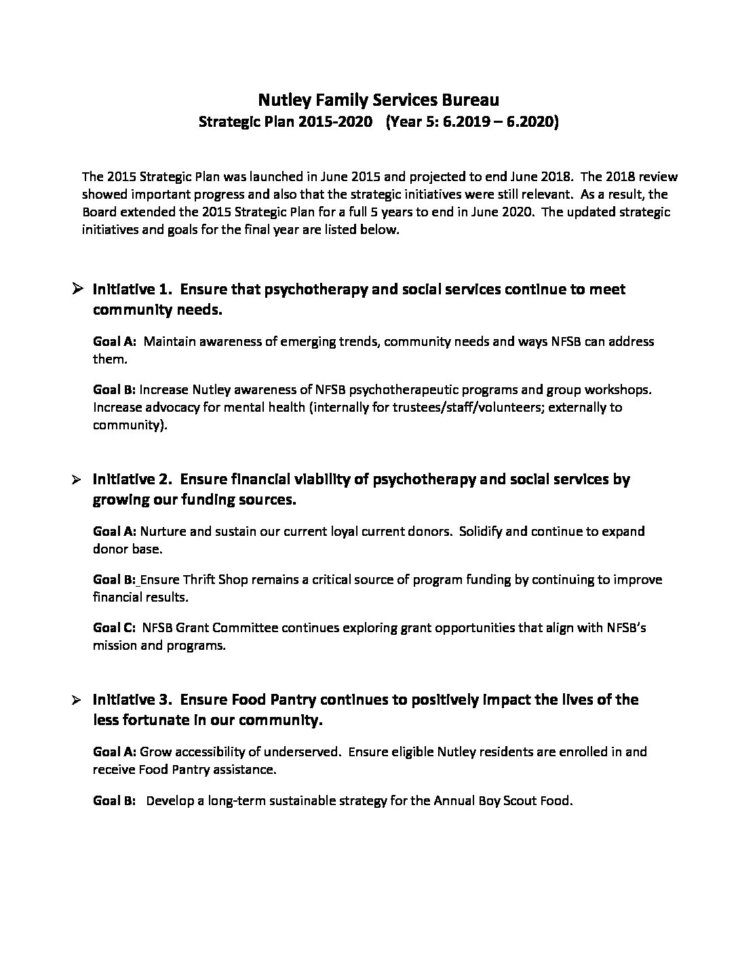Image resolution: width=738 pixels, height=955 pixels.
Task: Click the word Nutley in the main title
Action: pyautogui.click(x=280, y=100)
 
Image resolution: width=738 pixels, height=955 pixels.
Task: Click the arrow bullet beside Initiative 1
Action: pyautogui.click(x=77, y=289)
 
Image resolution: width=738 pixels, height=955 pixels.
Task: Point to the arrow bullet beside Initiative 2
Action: pyautogui.click(x=77, y=480)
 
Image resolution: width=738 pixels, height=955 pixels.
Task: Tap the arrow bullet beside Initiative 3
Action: pyautogui.click(x=77, y=699)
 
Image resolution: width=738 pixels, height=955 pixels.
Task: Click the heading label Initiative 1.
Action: pyautogui.click(x=131, y=290)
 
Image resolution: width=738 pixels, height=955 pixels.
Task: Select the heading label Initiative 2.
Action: pyautogui.click(x=131, y=480)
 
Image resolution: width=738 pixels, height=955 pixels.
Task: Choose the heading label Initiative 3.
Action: pyautogui.click(x=131, y=699)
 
